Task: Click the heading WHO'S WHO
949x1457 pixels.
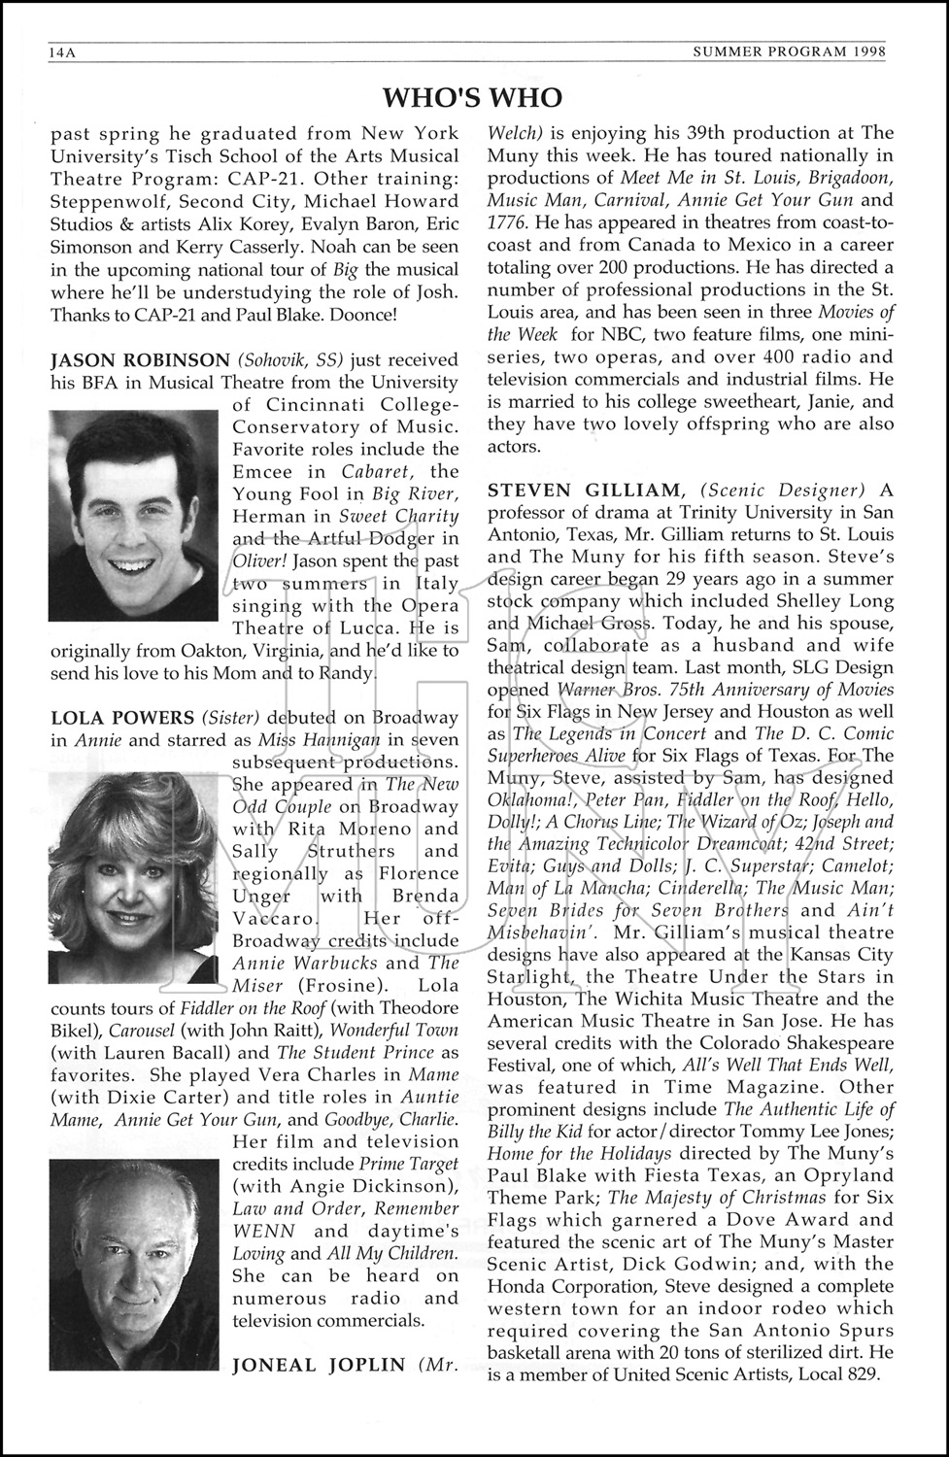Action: click(x=472, y=97)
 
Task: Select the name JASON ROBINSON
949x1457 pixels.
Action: click(x=140, y=360)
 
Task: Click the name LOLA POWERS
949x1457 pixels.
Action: click(x=122, y=718)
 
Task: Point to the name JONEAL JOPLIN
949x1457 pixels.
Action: click(x=318, y=1365)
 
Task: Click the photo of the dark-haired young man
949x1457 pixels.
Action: click(x=134, y=515)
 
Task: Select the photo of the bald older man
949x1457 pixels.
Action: click(x=134, y=1244)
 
